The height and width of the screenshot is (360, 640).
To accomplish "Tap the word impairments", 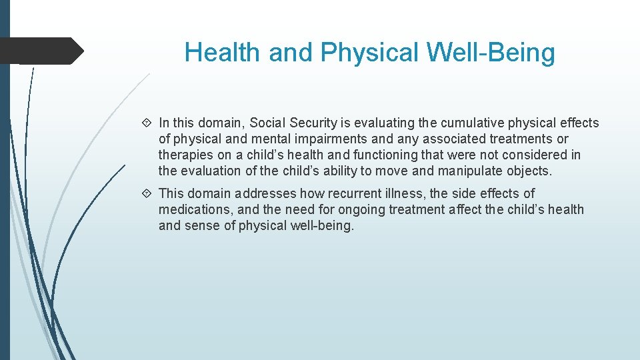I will click(313, 139).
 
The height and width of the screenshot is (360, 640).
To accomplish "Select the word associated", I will click(455, 139).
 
